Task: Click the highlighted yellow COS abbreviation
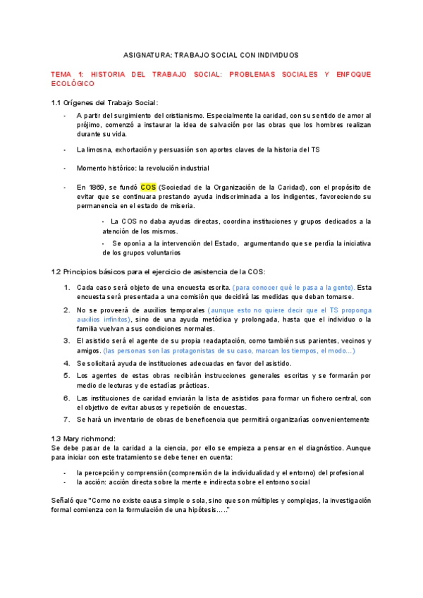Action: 148,187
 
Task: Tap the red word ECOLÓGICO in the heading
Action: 73,83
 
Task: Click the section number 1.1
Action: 58,102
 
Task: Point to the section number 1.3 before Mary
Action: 58,438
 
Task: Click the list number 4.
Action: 67,363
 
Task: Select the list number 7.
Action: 67,419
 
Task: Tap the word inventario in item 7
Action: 123,419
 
